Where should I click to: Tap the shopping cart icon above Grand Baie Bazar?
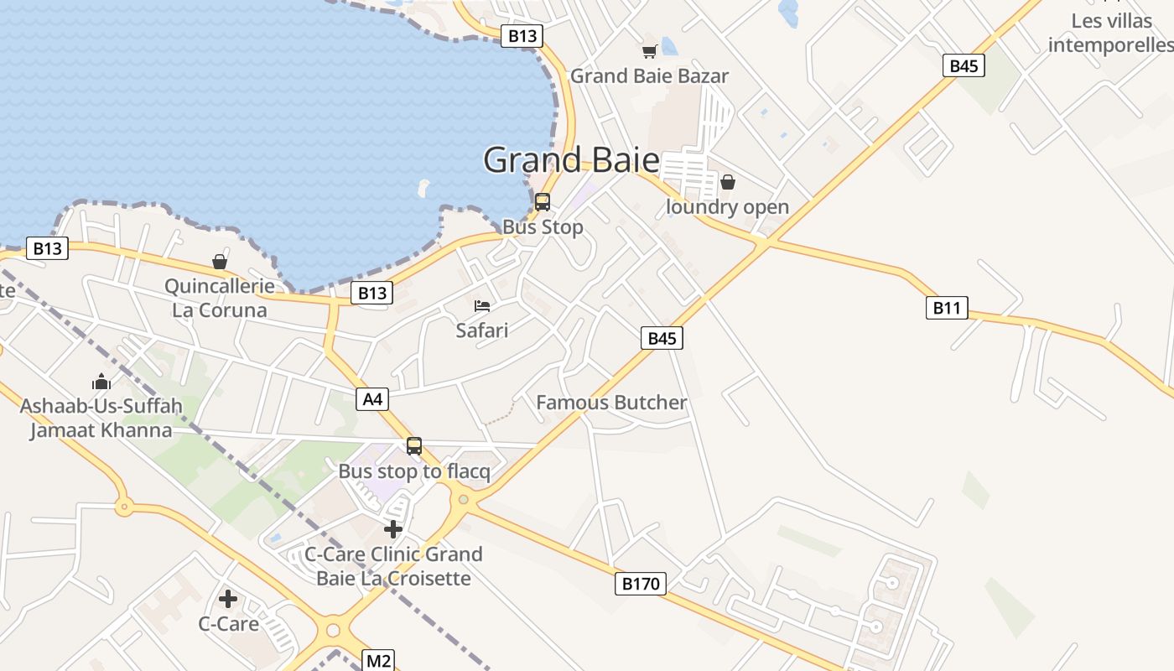coord(649,52)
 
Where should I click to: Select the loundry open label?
coord(727,207)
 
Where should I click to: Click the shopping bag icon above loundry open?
coord(728,182)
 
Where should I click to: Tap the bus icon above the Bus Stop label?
coord(543,202)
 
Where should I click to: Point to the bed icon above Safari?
coord(482,306)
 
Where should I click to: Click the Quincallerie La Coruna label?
coord(219,298)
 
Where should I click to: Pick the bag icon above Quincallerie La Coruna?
coord(220,262)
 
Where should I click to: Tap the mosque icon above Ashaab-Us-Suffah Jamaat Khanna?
coord(101,382)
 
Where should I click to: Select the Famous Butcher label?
coord(611,403)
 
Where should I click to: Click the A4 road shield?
coord(373,399)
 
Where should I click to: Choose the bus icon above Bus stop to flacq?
coord(414,446)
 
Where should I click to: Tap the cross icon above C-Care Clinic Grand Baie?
coord(393,529)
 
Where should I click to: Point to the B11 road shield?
coord(947,308)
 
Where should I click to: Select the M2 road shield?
coord(378,661)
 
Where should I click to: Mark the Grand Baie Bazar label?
coord(649,76)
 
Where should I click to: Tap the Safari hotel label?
coord(482,330)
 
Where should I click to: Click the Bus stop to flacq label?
coord(414,471)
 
